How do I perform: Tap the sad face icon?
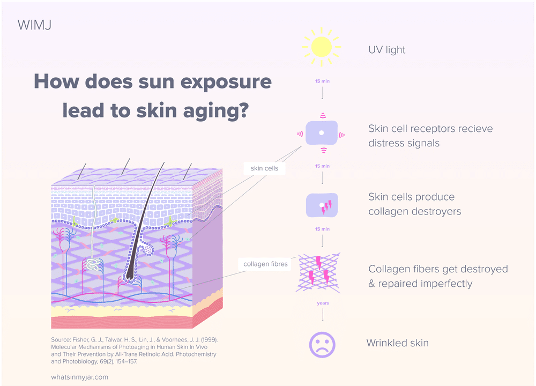[322, 344]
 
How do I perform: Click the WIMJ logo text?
[35, 25]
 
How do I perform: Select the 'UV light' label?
[387, 50]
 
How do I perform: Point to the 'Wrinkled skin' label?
[397, 343]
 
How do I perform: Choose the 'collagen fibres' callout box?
[265, 264]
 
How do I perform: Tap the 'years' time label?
[323, 303]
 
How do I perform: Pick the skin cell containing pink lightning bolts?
[322, 205]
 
